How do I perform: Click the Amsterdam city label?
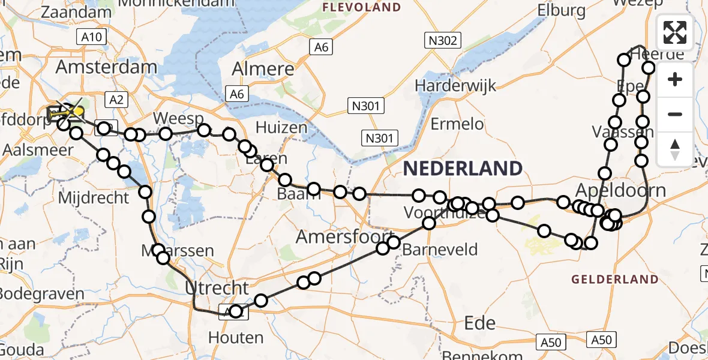tap(107, 67)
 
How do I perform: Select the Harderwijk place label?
tap(455, 85)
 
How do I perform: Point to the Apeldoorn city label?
tap(620, 191)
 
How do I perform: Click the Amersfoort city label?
tap(344, 236)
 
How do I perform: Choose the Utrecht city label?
tap(217, 287)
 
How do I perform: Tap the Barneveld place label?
tap(441, 249)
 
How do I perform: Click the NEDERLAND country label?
tap(462, 169)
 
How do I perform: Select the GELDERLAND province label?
tap(614, 279)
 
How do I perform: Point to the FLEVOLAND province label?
tap(362, 8)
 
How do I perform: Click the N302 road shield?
tap(443, 41)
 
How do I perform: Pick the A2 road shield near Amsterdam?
tap(116, 100)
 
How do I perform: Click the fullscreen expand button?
tap(675, 32)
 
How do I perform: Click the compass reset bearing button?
tap(675, 149)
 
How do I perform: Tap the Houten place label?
tap(236, 338)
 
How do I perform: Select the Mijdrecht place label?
tap(94, 197)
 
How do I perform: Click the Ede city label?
tap(480, 323)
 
